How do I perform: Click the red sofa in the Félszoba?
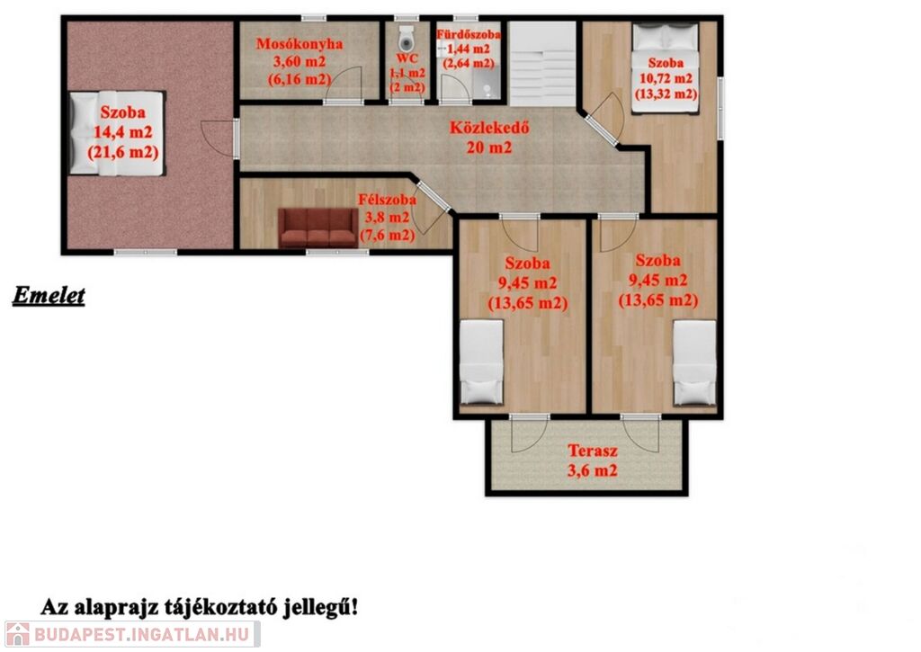point(317,228)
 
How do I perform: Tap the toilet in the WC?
point(406,40)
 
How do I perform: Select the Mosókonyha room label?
point(300,43)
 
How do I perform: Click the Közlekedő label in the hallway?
point(489,128)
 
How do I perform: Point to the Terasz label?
point(592,451)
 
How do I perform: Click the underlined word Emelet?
point(49,296)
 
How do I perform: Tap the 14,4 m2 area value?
point(122,132)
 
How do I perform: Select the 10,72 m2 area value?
point(666,78)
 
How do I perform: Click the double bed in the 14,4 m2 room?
point(116,133)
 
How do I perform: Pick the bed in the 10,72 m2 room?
point(666,67)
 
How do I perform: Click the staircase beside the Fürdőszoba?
point(542,64)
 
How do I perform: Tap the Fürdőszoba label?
point(468,35)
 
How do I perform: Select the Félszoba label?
point(387,200)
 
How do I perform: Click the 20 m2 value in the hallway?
point(489,147)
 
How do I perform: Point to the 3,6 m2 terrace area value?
point(592,470)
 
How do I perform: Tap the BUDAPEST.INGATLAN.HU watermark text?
point(141,634)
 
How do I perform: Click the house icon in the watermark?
point(17,634)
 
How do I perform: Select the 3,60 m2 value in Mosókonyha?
point(300,61)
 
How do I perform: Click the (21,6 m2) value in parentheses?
point(122,153)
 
